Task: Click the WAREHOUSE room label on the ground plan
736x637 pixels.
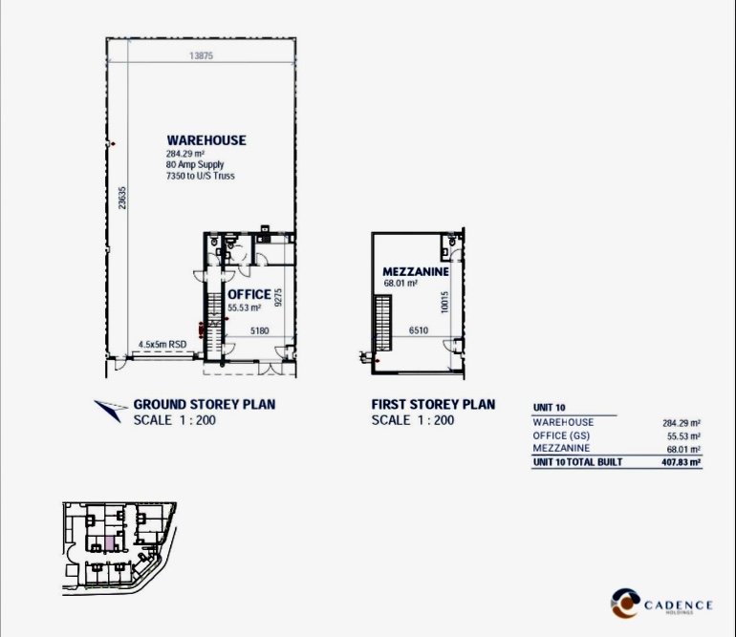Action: coord(206,140)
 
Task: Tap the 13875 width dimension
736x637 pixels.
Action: coord(202,55)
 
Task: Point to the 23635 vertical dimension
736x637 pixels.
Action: coord(122,198)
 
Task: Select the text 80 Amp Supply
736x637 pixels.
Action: coord(195,164)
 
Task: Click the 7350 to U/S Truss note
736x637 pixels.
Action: coord(201,176)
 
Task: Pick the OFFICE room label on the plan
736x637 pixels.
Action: coord(249,294)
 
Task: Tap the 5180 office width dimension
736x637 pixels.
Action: coord(260,330)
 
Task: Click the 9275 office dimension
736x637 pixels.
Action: coord(278,297)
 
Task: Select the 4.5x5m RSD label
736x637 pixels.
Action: coord(162,345)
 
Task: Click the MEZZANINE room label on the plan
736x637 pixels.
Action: coord(416,271)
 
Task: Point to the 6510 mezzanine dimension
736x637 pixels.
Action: coord(419,330)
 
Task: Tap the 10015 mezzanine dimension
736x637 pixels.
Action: coord(444,303)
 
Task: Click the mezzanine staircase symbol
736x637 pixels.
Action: coord(382,323)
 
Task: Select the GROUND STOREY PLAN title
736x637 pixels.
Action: coord(205,404)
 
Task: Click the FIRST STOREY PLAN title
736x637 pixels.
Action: coord(433,404)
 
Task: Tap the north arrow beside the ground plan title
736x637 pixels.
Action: coord(111,409)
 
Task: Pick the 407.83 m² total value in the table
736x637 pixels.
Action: coord(682,462)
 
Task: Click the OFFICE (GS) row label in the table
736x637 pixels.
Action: coord(561,435)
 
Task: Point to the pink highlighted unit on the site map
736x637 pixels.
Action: coord(109,544)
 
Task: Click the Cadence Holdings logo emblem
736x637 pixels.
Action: coord(625,604)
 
